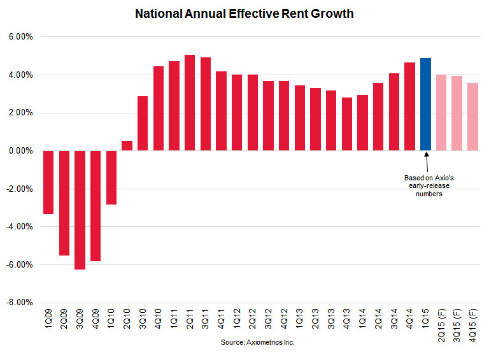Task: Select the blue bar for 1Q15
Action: click(x=426, y=104)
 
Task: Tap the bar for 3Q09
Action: click(x=80, y=210)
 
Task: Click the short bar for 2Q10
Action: click(x=127, y=146)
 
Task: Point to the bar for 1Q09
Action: click(x=48, y=182)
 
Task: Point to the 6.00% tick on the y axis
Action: click(x=21, y=37)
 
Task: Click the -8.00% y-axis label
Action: click(x=20, y=303)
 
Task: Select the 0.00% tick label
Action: click(x=21, y=151)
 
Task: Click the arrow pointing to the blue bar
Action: click(x=426, y=162)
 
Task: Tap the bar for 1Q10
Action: click(x=111, y=178)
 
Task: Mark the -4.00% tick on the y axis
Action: click(x=20, y=227)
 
